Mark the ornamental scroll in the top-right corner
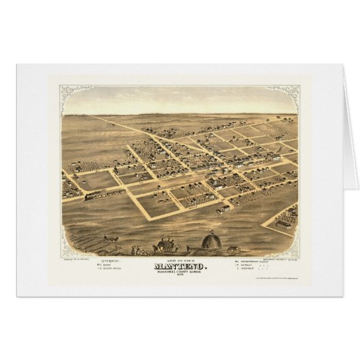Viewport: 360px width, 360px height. [x=293, y=92]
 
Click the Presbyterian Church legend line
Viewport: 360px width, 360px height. [x=249, y=262]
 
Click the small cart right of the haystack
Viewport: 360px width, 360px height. [x=231, y=249]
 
